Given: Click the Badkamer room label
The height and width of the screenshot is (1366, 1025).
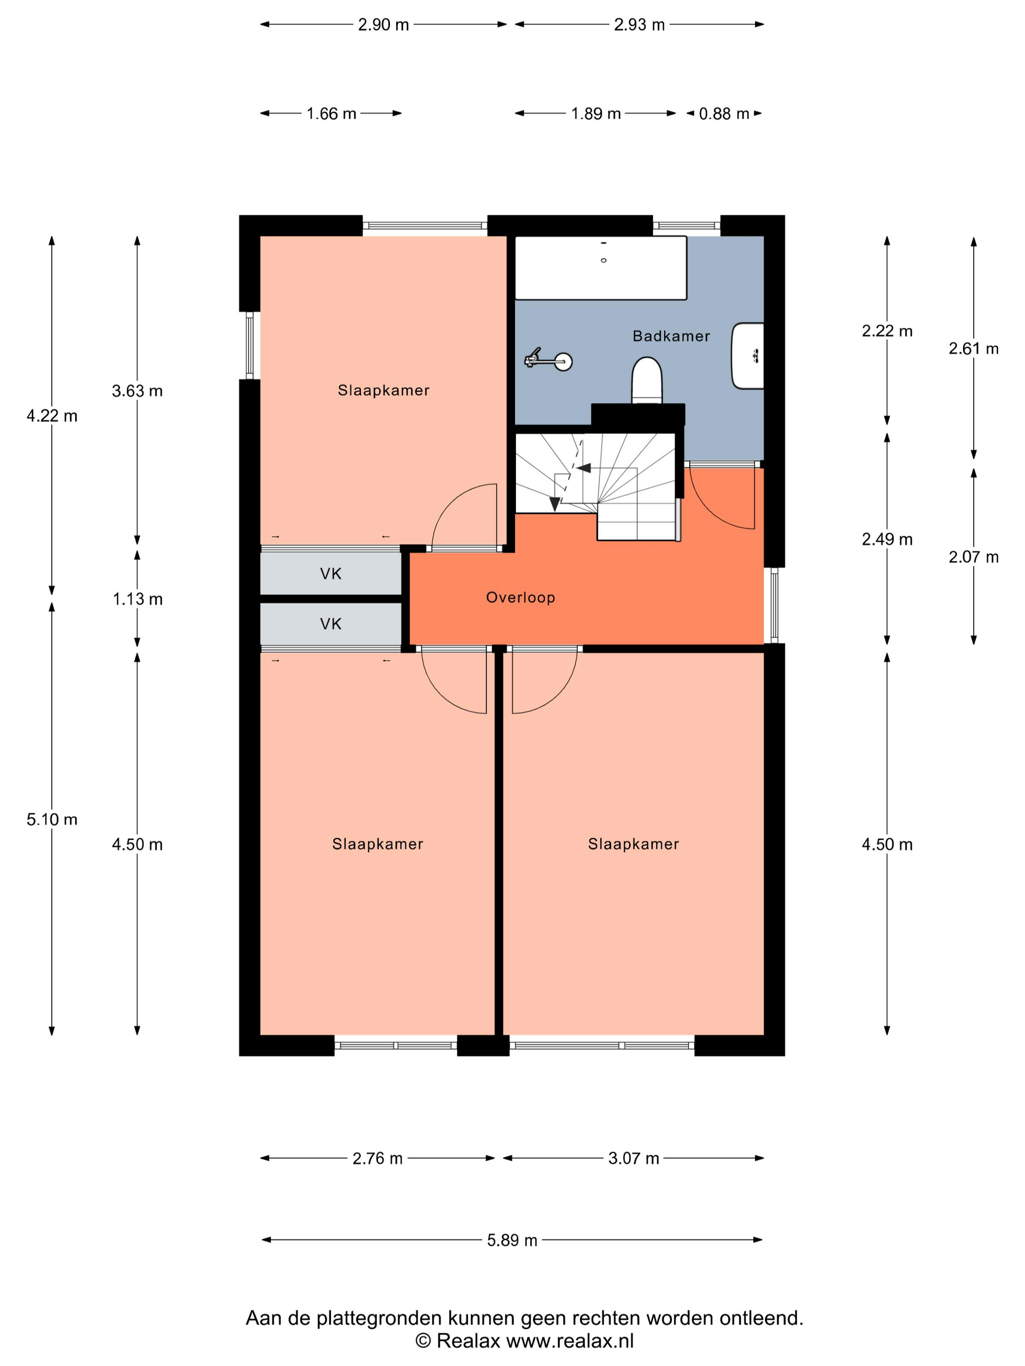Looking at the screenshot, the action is pyautogui.click(x=671, y=336).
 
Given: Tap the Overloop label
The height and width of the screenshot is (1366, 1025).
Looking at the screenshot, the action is pyautogui.click(x=520, y=597).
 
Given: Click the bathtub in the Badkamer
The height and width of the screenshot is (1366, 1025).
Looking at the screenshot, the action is pyautogui.click(x=600, y=267).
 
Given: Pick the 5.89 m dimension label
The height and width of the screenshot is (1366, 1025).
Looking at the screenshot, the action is pyautogui.click(x=512, y=1240).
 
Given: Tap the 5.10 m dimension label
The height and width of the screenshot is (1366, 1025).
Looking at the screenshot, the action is pyautogui.click(x=52, y=820).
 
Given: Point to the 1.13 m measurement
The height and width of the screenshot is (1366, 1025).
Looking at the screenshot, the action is pyautogui.click(x=137, y=599).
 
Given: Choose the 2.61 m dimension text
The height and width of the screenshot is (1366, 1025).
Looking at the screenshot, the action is pyautogui.click(x=973, y=349).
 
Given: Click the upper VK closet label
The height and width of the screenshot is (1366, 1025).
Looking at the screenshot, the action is pyautogui.click(x=330, y=574).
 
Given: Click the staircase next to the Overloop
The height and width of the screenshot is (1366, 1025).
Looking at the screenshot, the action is pyautogui.click(x=597, y=486).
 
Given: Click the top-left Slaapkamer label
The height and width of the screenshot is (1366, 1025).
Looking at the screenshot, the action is pyautogui.click(x=383, y=390).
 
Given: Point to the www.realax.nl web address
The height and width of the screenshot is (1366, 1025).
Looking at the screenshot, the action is pyautogui.click(x=570, y=1341).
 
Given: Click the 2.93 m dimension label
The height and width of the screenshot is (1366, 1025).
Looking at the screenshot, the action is pyautogui.click(x=639, y=25).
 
